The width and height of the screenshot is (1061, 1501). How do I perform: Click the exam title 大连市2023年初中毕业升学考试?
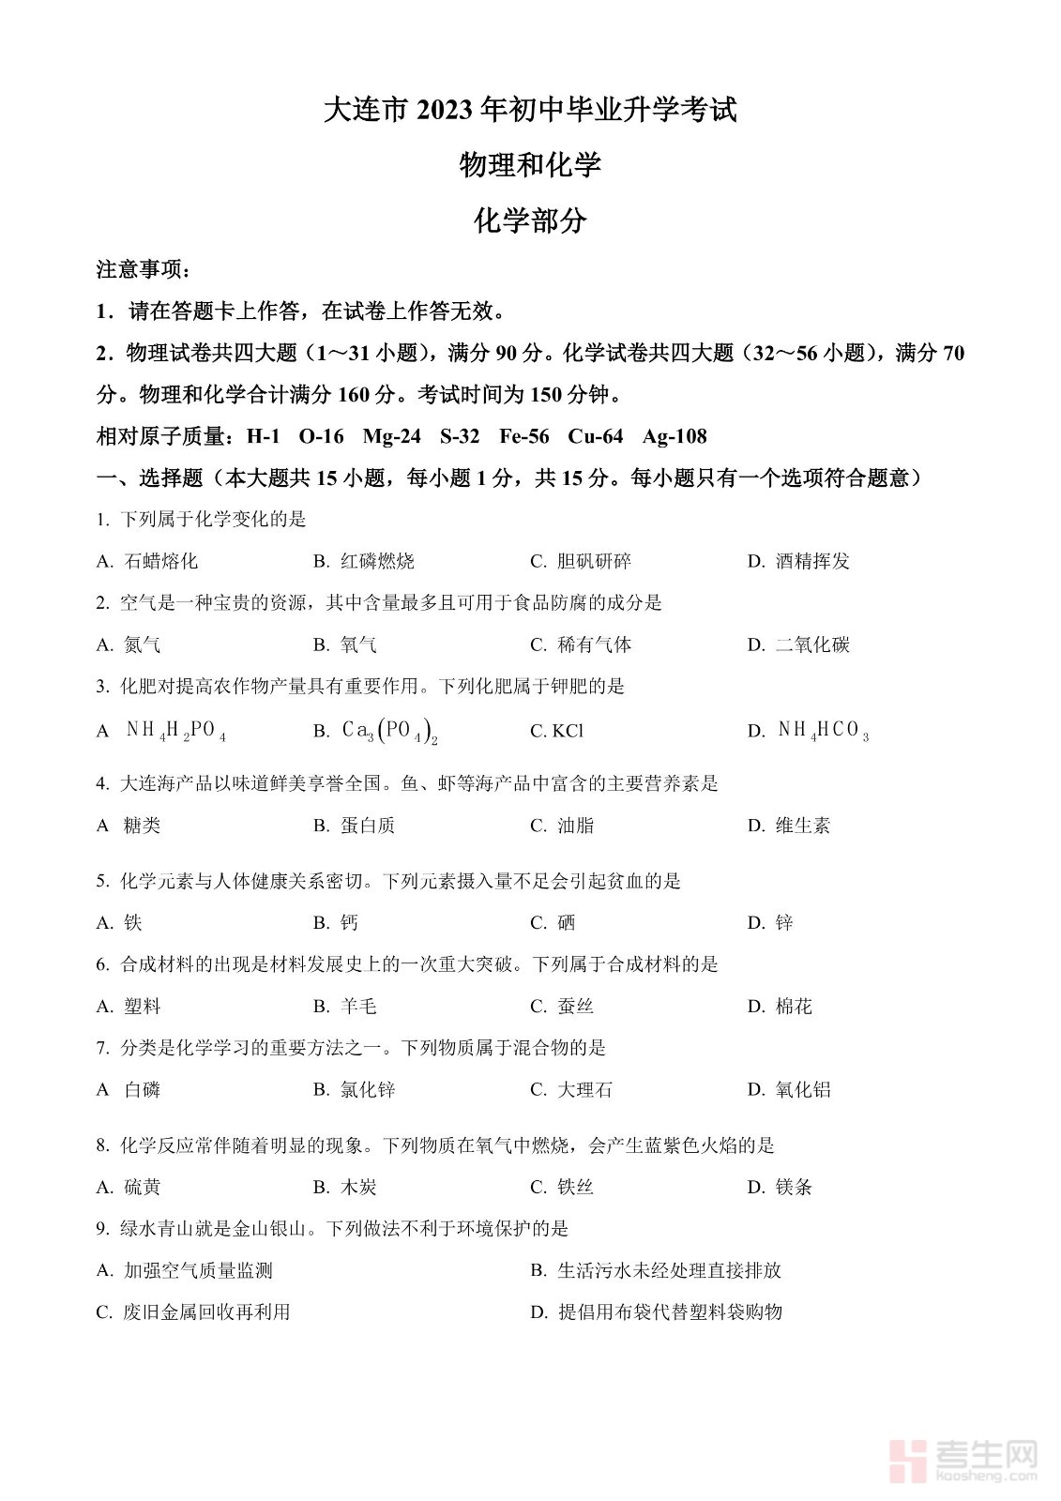pos(530,111)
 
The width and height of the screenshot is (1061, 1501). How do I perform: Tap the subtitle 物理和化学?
pos(530,166)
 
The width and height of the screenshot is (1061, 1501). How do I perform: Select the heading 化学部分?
pos(530,221)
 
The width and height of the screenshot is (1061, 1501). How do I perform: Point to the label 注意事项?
pos(144,270)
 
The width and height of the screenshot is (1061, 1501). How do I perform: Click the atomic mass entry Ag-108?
pos(674,436)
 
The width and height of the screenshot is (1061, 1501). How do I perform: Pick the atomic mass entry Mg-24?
pos(391,436)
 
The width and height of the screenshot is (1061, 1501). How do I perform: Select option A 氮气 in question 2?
pos(142,644)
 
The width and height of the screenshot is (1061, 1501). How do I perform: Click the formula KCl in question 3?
pos(568,731)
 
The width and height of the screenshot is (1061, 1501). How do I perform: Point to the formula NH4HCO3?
pos(823,731)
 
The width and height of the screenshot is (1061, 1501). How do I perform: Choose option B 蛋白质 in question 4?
pos(367,826)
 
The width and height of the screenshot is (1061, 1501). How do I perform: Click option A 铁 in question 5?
pos(132,923)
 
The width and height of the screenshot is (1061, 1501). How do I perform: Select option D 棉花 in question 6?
pos(793,1007)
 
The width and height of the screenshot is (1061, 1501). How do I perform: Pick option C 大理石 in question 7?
pos(584,1090)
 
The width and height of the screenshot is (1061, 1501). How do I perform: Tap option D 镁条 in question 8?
pos(793,1188)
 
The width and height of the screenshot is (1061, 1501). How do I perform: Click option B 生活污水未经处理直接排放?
pos(669,1270)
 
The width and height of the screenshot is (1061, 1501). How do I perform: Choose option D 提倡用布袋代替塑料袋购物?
pos(669,1312)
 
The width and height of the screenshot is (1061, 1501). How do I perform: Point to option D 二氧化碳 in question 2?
pos(811,644)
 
